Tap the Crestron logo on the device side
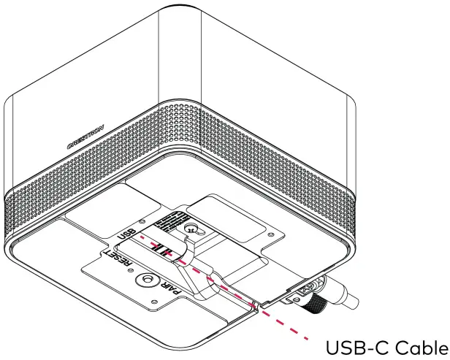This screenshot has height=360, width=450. (x=85, y=137)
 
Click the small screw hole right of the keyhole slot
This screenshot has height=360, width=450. (x=271, y=234)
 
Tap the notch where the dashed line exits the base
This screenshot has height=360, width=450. (x=256, y=305)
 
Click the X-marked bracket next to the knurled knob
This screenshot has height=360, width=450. (x=301, y=292)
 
